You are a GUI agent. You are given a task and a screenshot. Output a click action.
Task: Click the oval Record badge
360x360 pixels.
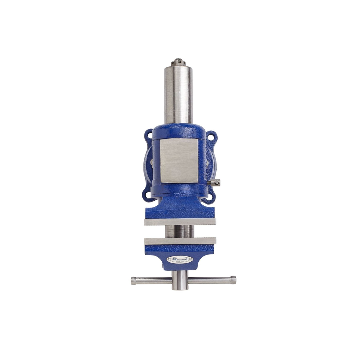pos(180,260)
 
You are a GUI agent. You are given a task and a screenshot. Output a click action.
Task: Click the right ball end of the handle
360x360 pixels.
pos(233,280)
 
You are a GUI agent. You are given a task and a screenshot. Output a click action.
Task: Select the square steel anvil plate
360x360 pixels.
pos(179,160)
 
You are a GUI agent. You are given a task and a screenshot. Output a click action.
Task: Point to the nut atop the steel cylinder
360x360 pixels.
pos(179,63)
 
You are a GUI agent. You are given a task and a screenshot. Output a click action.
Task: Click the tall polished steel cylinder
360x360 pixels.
pos(179,95)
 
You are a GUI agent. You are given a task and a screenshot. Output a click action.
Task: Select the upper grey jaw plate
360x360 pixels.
pos(180,222)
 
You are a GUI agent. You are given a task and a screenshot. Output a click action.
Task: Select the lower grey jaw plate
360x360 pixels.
pos(180,241)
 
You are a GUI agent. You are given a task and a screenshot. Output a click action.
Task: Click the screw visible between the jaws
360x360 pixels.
pos(180,231)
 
